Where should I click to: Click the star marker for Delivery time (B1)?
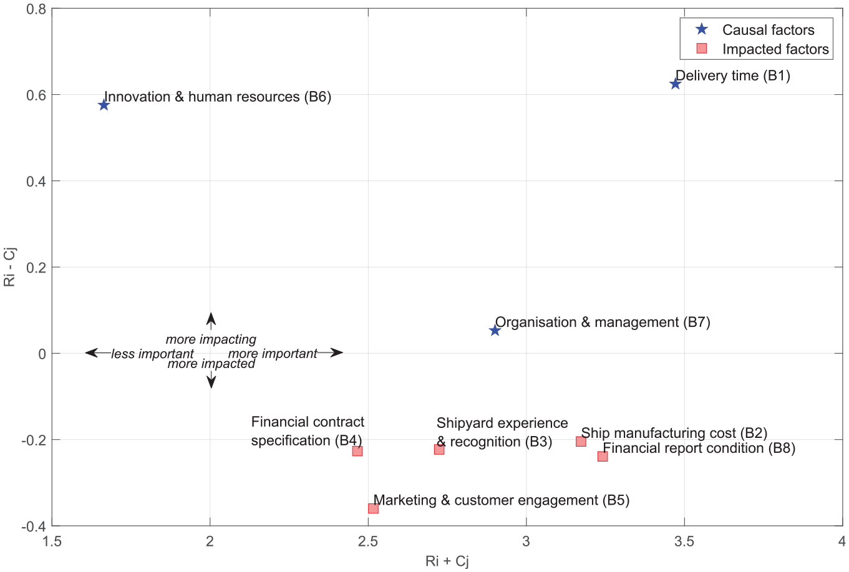tap(675, 84)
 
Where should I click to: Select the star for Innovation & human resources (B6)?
tap(104, 105)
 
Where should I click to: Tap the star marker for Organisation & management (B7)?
tap(495, 331)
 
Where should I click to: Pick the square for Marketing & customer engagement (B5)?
tap(373, 509)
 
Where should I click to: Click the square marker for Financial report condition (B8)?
tap(603, 457)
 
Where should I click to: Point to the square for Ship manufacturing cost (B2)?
tap(581, 442)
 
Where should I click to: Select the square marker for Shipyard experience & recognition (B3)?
tap(439, 450)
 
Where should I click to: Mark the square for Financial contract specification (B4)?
tap(357, 451)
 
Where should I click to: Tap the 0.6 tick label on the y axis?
tap(36, 95)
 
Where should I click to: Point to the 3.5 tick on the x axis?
tap(684, 541)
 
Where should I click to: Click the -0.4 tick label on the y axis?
tap(33, 526)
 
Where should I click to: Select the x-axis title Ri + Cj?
tap(447, 561)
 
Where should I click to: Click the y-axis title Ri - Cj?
tap(9, 267)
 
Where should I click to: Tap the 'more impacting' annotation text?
tap(211, 339)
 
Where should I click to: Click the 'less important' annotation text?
tap(152, 354)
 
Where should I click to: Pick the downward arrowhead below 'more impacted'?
tap(211, 382)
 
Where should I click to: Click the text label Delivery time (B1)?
tap(733, 76)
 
